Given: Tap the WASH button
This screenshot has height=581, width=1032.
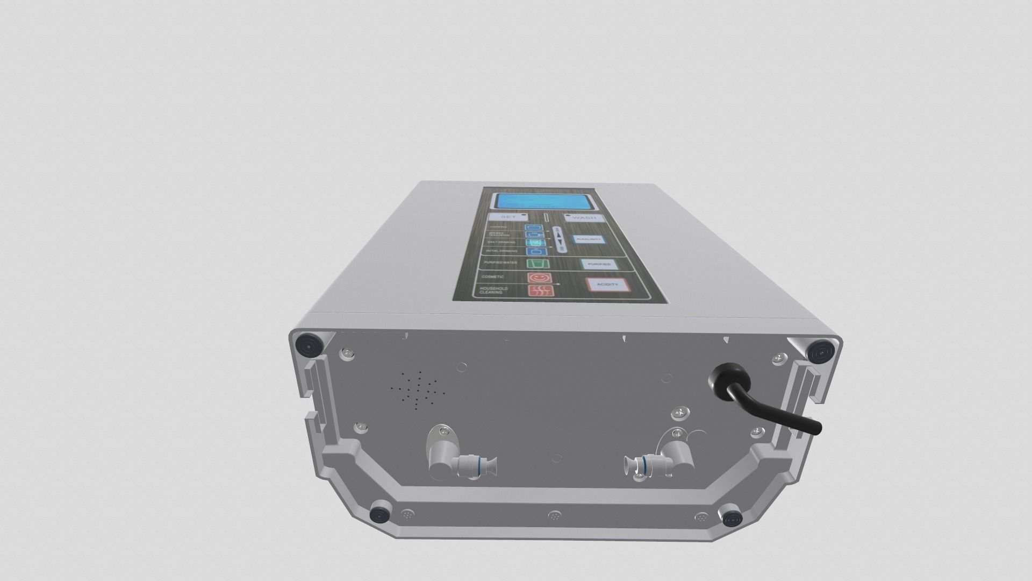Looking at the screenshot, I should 584,218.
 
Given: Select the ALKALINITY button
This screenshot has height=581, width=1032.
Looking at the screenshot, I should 589,240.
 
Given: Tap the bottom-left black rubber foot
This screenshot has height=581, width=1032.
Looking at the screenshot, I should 381,514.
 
